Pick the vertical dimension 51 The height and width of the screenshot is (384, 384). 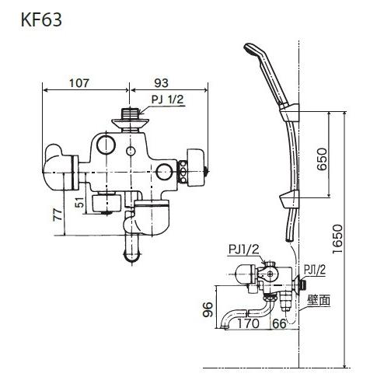coord(79,204)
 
